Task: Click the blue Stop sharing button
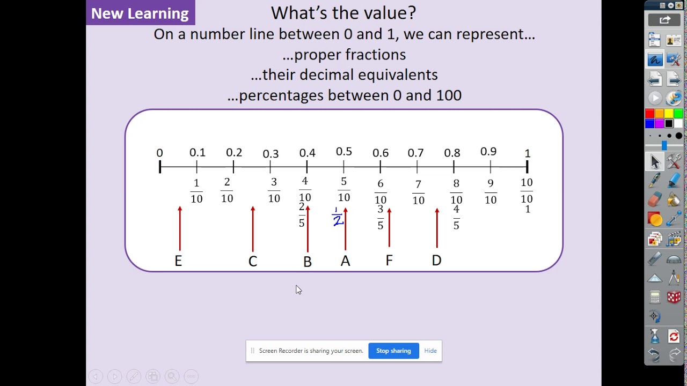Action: click(393, 351)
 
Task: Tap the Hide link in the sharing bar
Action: click(430, 351)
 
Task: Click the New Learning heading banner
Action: click(140, 13)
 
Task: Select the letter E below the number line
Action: click(178, 261)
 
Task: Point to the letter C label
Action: click(253, 261)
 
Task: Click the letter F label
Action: click(389, 261)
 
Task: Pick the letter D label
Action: click(436, 261)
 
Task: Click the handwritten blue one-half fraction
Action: click(337, 217)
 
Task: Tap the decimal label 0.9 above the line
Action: click(488, 152)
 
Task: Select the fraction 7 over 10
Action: click(418, 192)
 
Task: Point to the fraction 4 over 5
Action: click(456, 217)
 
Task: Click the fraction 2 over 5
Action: click(302, 215)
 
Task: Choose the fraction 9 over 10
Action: click(491, 191)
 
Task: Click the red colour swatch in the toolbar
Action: click(649, 114)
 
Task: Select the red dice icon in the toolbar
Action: click(674, 297)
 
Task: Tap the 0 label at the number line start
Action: click(159, 153)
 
